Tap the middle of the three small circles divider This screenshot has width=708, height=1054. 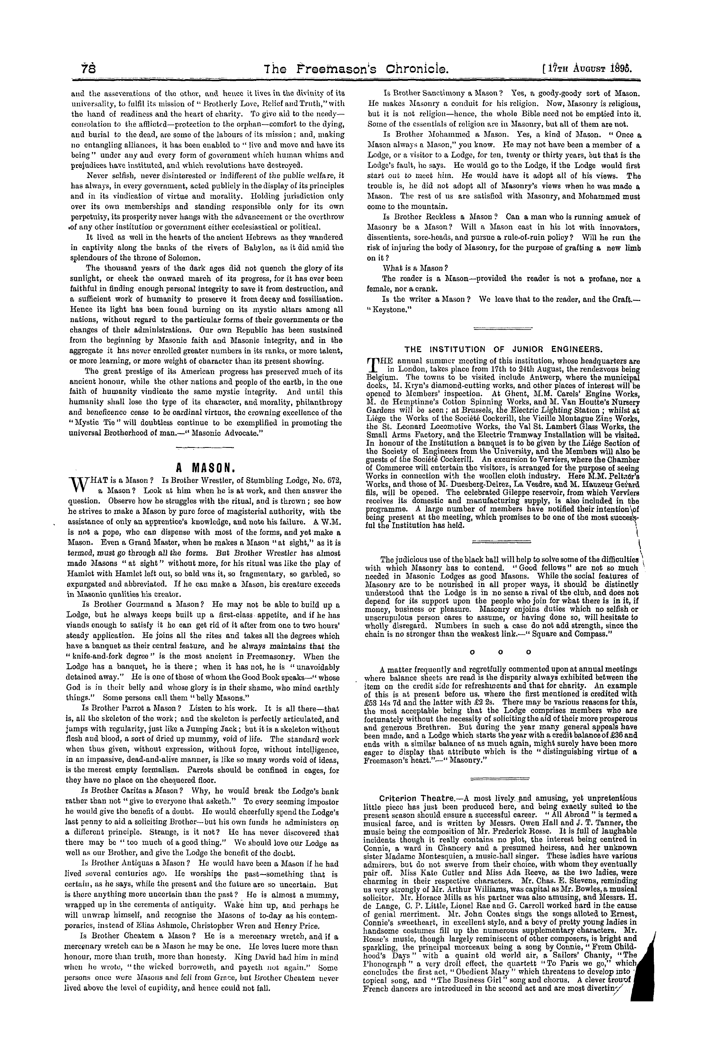[x=501, y=652]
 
